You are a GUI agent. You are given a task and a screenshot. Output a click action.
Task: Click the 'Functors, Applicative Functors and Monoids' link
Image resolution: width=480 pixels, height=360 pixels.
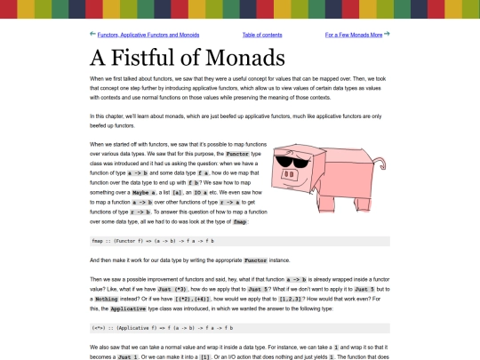(148, 35)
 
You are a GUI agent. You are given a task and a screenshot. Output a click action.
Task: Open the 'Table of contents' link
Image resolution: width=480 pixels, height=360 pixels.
(262, 35)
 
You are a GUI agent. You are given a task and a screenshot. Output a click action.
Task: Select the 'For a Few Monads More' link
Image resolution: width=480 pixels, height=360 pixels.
(354, 35)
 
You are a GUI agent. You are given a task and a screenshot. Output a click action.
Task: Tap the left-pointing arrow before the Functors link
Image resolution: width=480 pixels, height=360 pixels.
(93, 34)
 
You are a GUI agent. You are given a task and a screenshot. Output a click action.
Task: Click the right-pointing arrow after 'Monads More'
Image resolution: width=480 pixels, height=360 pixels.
(387, 34)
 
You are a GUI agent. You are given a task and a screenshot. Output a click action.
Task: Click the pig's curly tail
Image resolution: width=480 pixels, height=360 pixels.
(381, 164)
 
